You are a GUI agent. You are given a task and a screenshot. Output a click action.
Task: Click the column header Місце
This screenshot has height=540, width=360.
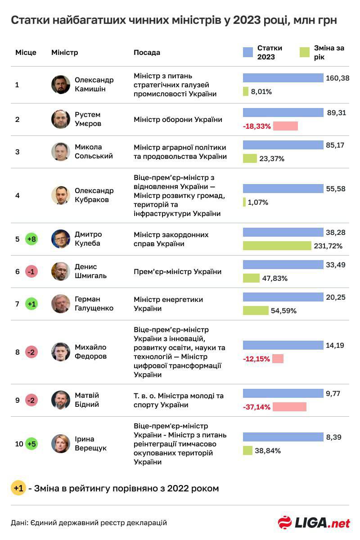[26, 52]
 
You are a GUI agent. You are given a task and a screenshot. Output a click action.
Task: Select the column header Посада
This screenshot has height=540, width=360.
[147, 52]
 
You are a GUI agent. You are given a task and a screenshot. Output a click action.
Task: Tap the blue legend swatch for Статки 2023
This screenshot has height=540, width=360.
[247, 52]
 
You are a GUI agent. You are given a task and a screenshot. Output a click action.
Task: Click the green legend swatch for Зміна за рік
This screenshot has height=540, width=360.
[304, 52]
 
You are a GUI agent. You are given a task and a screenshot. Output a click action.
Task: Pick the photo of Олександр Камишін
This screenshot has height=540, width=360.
[61, 85]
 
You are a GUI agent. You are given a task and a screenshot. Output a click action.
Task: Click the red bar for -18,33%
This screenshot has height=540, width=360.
[285, 126]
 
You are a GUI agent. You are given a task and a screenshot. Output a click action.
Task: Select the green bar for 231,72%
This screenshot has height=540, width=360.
[277, 246]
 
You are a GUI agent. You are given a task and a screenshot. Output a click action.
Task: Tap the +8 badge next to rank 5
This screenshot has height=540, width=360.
[31, 239]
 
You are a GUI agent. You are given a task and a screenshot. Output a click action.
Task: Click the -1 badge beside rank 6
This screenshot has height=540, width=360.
[31, 272]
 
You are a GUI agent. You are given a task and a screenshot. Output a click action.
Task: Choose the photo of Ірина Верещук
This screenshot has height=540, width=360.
[61, 444]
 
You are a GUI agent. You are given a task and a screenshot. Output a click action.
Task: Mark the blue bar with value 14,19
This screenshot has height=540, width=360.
[283, 345]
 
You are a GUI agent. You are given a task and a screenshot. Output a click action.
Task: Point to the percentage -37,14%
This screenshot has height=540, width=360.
[256, 407]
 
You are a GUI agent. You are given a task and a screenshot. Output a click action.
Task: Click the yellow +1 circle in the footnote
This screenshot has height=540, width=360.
[18, 488]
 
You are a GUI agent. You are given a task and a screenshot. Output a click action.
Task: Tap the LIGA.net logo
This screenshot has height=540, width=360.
[314, 523]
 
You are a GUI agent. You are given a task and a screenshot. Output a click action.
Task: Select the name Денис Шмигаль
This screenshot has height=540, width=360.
[85, 271]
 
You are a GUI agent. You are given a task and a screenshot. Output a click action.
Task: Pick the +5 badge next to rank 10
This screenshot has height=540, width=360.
[31, 444]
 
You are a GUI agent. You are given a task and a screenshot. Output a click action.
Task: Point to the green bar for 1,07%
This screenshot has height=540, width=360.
[244, 202]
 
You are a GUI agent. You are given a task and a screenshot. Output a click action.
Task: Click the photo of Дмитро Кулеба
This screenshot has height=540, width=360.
[61, 239]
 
